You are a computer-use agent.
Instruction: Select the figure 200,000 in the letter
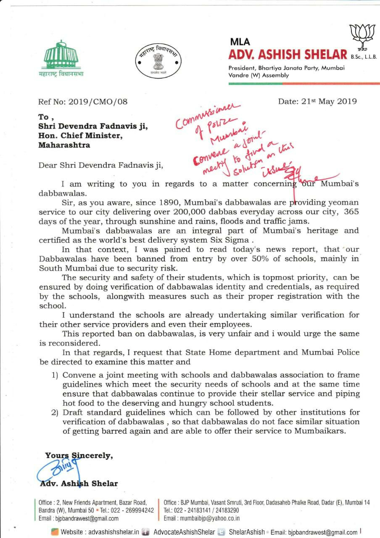click(205, 212)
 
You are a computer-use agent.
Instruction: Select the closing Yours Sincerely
click(79, 455)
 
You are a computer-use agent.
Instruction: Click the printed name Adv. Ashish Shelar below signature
click(79, 483)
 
